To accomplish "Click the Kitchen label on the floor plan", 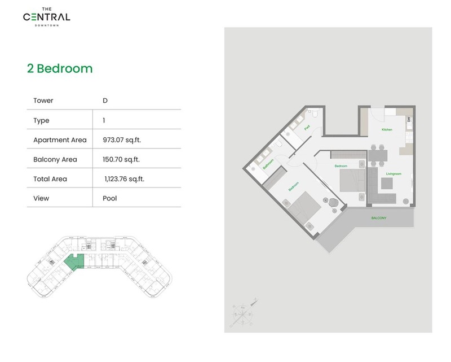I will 387,130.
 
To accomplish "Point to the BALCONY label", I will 379,218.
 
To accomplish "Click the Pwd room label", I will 307,128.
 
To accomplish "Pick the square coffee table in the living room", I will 386,185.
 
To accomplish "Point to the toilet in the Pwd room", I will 316,115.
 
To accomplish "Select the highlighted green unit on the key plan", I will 73,263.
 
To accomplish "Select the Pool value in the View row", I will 110,199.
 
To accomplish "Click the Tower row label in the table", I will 43,101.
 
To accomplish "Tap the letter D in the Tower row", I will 105,101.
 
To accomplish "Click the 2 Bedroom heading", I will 60,69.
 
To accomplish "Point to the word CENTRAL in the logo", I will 47,17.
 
